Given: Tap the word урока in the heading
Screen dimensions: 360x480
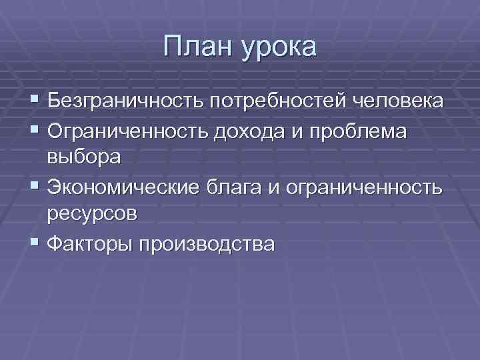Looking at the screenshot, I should (x=281, y=49).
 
